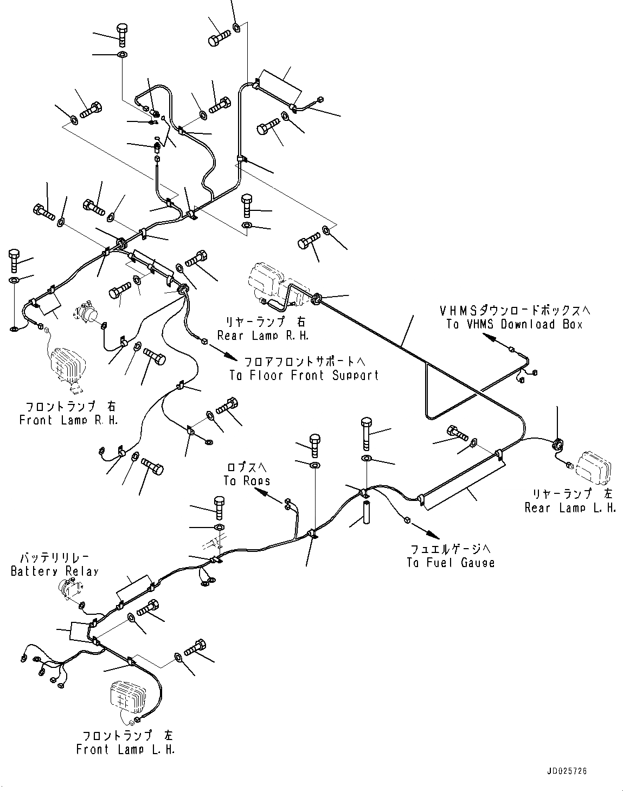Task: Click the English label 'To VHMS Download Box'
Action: coord(514,324)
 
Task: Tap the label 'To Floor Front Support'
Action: coord(304,375)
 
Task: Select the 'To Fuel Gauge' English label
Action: coord(451,562)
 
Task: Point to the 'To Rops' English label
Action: coord(247,480)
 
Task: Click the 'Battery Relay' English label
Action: coord(54,571)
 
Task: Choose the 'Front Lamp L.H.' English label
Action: coord(126,749)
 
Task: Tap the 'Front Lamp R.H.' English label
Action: coord(68,420)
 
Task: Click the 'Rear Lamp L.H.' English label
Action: coord(570,508)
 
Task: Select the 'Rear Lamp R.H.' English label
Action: coord(263,336)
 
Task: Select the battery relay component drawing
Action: coord(70,589)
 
